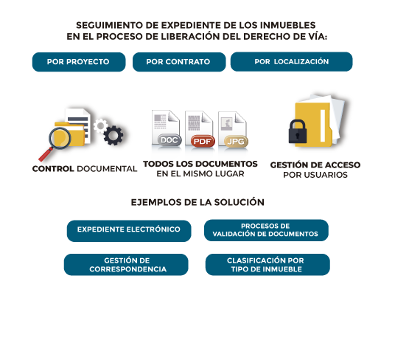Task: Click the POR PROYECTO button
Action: [x=79, y=62]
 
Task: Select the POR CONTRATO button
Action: [x=179, y=62]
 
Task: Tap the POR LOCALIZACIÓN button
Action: [x=292, y=62]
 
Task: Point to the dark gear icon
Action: [x=113, y=136]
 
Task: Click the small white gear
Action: [x=100, y=125]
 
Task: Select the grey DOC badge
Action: [x=169, y=140]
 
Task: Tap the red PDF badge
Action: [x=203, y=141]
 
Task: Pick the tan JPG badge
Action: [x=236, y=142]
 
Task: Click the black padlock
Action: [x=298, y=131]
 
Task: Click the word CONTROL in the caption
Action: [x=53, y=169]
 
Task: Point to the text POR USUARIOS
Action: [x=315, y=175]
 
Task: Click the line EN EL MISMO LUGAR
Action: [x=200, y=173]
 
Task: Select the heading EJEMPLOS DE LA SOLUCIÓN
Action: [x=197, y=202]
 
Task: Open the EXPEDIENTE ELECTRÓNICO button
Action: [x=129, y=231]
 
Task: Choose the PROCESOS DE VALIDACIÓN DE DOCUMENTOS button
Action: [x=266, y=230]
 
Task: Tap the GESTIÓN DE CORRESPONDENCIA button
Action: [x=126, y=264]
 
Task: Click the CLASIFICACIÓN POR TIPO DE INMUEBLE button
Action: [x=268, y=264]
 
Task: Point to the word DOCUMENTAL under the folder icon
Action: [x=107, y=169]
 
